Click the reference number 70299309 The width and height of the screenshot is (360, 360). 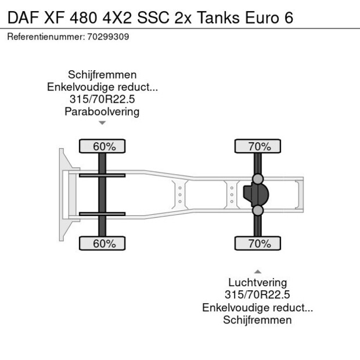(x=109, y=37)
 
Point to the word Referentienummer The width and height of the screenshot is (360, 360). (x=45, y=37)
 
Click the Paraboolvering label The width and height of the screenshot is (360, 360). (x=102, y=111)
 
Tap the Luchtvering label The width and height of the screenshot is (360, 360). (x=257, y=283)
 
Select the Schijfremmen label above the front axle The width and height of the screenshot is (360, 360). (x=102, y=75)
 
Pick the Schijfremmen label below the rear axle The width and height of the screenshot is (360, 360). (x=257, y=320)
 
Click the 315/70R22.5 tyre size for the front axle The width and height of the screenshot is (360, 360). (x=102, y=99)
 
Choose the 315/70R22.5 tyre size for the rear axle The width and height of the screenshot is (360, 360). (x=257, y=295)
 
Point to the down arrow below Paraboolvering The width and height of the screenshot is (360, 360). (x=102, y=123)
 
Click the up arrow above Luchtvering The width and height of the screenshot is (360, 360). (x=257, y=271)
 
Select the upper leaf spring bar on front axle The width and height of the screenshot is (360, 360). (x=102, y=175)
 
